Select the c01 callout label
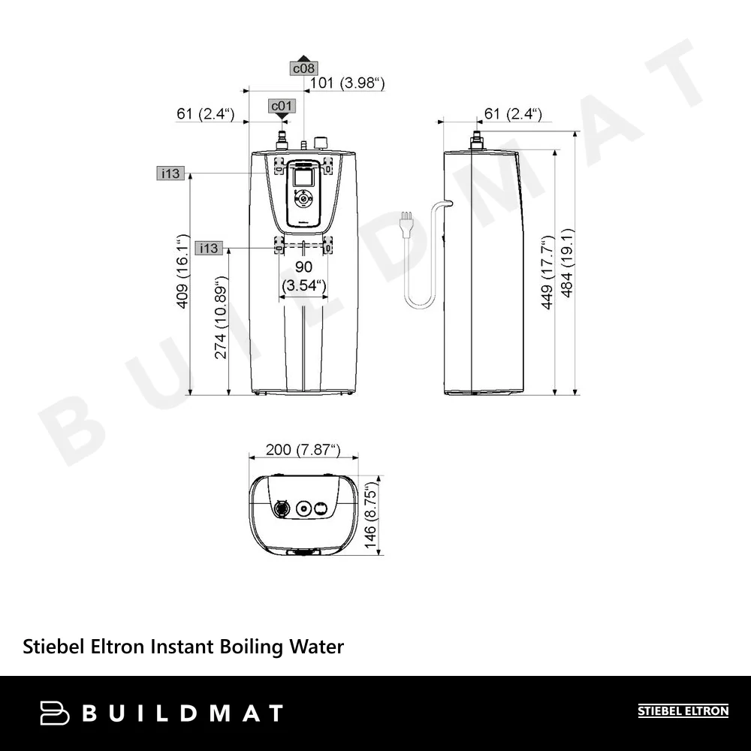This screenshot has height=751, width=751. point(281,106)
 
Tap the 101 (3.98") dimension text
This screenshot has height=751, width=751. point(347,83)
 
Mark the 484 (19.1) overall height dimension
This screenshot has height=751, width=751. point(568,263)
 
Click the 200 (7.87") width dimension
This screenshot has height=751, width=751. point(303,451)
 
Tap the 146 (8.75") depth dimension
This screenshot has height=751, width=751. point(370,519)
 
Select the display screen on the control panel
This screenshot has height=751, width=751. point(303,177)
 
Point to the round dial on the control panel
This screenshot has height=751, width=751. point(303,199)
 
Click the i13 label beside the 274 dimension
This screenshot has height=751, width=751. point(208,248)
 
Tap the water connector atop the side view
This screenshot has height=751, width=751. point(475,140)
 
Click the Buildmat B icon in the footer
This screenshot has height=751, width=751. point(55,712)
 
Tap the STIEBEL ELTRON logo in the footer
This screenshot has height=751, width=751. point(683,710)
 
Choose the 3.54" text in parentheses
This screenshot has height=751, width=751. point(303,285)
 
